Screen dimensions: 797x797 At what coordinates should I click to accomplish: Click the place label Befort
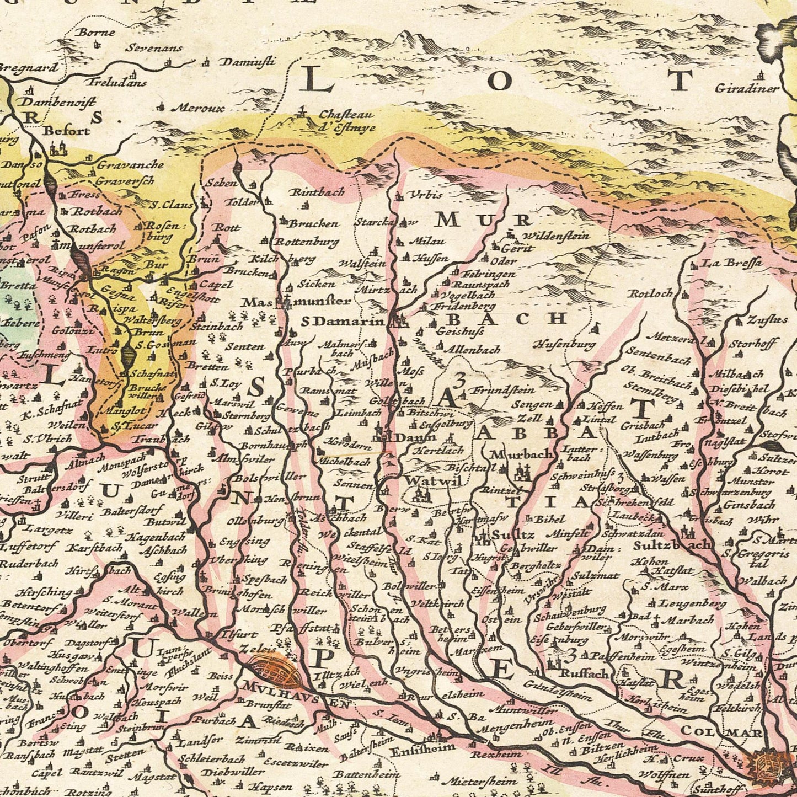click(x=66, y=131)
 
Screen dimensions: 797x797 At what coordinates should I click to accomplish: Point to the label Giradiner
click(x=747, y=88)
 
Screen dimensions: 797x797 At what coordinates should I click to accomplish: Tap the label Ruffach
click(x=584, y=673)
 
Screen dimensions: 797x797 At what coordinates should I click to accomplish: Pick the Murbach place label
click(x=521, y=454)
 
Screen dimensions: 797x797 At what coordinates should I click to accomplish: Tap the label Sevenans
click(x=153, y=48)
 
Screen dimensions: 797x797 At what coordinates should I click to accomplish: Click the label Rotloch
click(x=650, y=293)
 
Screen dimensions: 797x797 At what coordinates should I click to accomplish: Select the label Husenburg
click(x=564, y=345)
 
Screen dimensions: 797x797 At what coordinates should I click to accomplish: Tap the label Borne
click(x=96, y=32)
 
